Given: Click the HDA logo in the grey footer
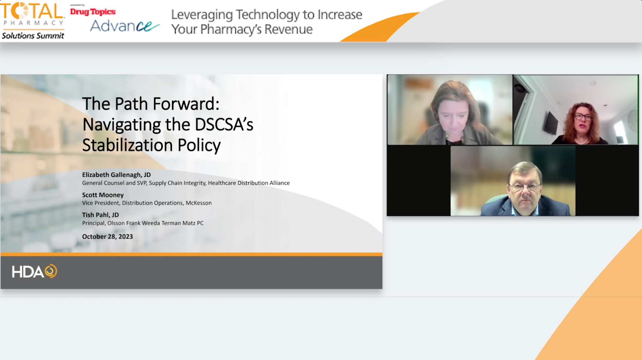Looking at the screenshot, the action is pyautogui.click(x=34, y=271).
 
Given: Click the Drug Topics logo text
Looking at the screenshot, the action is pyautogui.click(x=93, y=12).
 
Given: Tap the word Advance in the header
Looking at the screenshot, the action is pyautogui.click(x=124, y=26).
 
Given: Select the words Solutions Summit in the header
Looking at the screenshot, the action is pyautogui.click(x=33, y=36).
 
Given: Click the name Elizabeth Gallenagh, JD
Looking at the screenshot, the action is pyautogui.click(x=116, y=175).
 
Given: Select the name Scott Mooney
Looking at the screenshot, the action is pyautogui.click(x=103, y=195).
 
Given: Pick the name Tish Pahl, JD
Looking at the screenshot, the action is pyautogui.click(x=101, y=215).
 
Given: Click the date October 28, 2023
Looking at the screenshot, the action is pyautogui.click(x=107, y=237).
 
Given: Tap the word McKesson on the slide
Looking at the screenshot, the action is pyautogui.click(x=198, y=203).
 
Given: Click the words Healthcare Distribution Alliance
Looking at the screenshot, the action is pyautogui.click(x=249, y=183).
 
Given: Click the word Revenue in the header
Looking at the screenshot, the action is pyautogui.click(x=288, y=29).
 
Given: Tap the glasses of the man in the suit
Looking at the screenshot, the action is pyautogui.click(x=525, y=186).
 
